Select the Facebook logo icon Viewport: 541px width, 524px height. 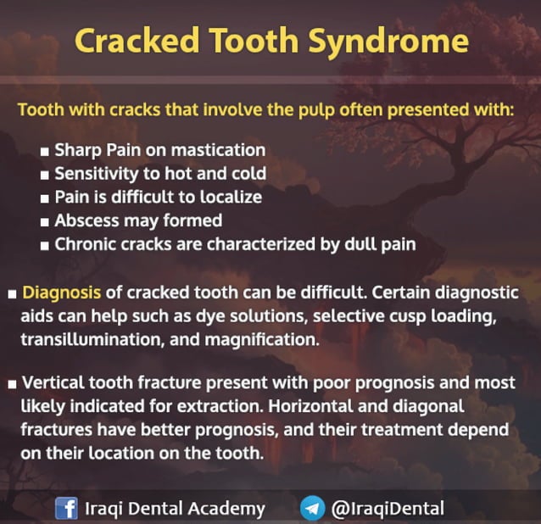click(x=66, y=509)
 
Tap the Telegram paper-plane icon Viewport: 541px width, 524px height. click(x=312, y=509)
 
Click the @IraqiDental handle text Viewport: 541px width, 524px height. click(x=388, y=509)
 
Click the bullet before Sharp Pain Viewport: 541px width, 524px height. click(x=44, y=151)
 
